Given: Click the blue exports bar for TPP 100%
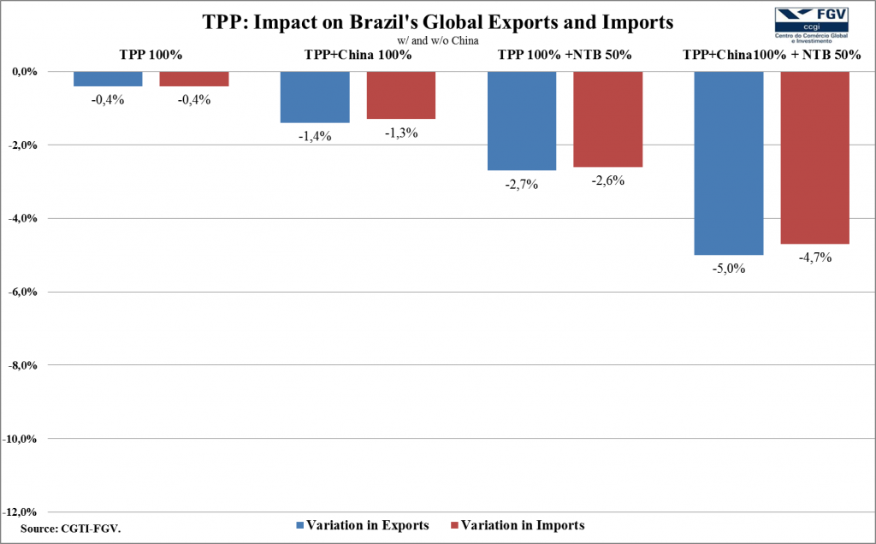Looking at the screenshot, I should [108, 79].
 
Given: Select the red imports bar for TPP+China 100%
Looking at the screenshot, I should [401, 95].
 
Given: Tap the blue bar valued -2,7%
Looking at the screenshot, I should [522, 121].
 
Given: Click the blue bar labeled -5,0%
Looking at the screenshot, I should [728, 163].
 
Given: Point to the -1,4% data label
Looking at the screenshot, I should [315, 136].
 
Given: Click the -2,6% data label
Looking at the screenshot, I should [607, 180].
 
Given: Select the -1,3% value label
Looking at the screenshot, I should [401, 133].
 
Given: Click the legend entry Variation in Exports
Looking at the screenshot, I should [362, 525].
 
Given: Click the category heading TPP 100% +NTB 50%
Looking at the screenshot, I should [565, 55].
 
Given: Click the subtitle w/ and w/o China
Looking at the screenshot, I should [437, 39].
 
